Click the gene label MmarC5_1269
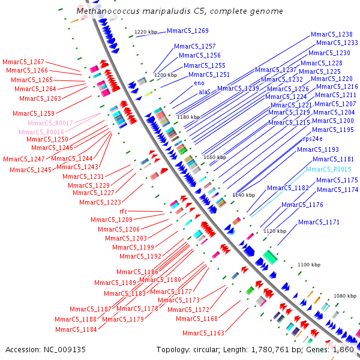pos(188,31)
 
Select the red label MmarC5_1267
pos(23,62)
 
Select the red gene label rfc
pos(123,211)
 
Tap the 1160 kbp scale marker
pos(214,157)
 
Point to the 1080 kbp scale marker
pos(345,296)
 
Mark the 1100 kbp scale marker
pos(310,265)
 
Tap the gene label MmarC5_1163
pos(203,333)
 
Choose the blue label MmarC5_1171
pos(319,223)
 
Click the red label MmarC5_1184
pos(76,329)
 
